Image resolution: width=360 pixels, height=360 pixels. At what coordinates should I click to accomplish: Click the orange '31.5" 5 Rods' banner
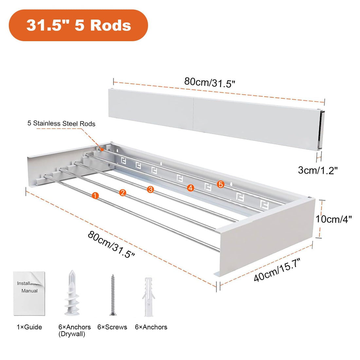78,25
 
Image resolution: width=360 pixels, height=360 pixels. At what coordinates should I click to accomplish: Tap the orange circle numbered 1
95,196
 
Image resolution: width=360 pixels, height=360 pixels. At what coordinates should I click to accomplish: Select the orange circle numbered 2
123,192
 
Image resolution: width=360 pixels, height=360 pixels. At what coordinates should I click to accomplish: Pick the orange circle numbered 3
151,189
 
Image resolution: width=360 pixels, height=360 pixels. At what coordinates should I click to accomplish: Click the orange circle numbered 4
190,188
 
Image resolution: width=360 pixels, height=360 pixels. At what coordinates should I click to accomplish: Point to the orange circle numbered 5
221,184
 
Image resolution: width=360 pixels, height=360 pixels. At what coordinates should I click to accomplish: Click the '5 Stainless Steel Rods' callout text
61,123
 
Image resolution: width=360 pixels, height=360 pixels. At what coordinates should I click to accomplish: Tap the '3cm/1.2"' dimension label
318,171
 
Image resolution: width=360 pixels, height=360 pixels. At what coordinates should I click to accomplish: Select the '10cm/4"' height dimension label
333,219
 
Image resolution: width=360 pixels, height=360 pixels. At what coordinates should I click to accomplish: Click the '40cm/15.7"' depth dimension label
277,270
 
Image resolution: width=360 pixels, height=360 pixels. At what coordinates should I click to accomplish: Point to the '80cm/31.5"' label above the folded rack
210,82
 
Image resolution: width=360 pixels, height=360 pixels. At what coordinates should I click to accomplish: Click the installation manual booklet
29,294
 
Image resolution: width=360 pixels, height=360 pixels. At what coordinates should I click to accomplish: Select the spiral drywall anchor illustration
72,293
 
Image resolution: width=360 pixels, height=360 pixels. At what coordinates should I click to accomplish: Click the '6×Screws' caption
112,327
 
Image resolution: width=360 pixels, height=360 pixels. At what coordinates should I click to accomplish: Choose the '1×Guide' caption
29,327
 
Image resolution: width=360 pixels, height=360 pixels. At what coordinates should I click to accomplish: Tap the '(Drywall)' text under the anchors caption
72,334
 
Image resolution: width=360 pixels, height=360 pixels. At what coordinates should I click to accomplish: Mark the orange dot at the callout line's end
102,150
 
